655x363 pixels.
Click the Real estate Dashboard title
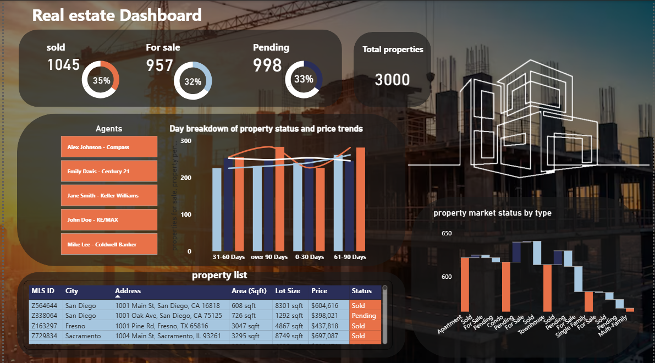(117, 15)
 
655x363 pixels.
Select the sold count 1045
(63, 65)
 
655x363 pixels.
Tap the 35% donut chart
(101, 80)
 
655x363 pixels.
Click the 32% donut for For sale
(192, 82)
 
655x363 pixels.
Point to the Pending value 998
(267, 65)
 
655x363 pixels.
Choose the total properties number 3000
(392, 80)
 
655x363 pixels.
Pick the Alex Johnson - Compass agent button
(109, 147)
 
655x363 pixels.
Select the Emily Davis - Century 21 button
(109, 172)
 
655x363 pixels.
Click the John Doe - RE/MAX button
(109, 220)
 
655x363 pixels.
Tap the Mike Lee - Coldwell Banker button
(109, 244)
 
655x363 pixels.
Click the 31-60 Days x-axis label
(229, 257)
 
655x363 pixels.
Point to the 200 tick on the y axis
(186, 178)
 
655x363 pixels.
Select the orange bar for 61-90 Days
(360, 199)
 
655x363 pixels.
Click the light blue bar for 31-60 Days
(217, 209)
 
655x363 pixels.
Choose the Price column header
(319, 291)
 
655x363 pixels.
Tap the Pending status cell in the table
(364, 316)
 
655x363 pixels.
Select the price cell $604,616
(324, 306)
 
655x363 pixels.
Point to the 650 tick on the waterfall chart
(447, 234)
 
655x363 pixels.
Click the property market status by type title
(492, 213)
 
